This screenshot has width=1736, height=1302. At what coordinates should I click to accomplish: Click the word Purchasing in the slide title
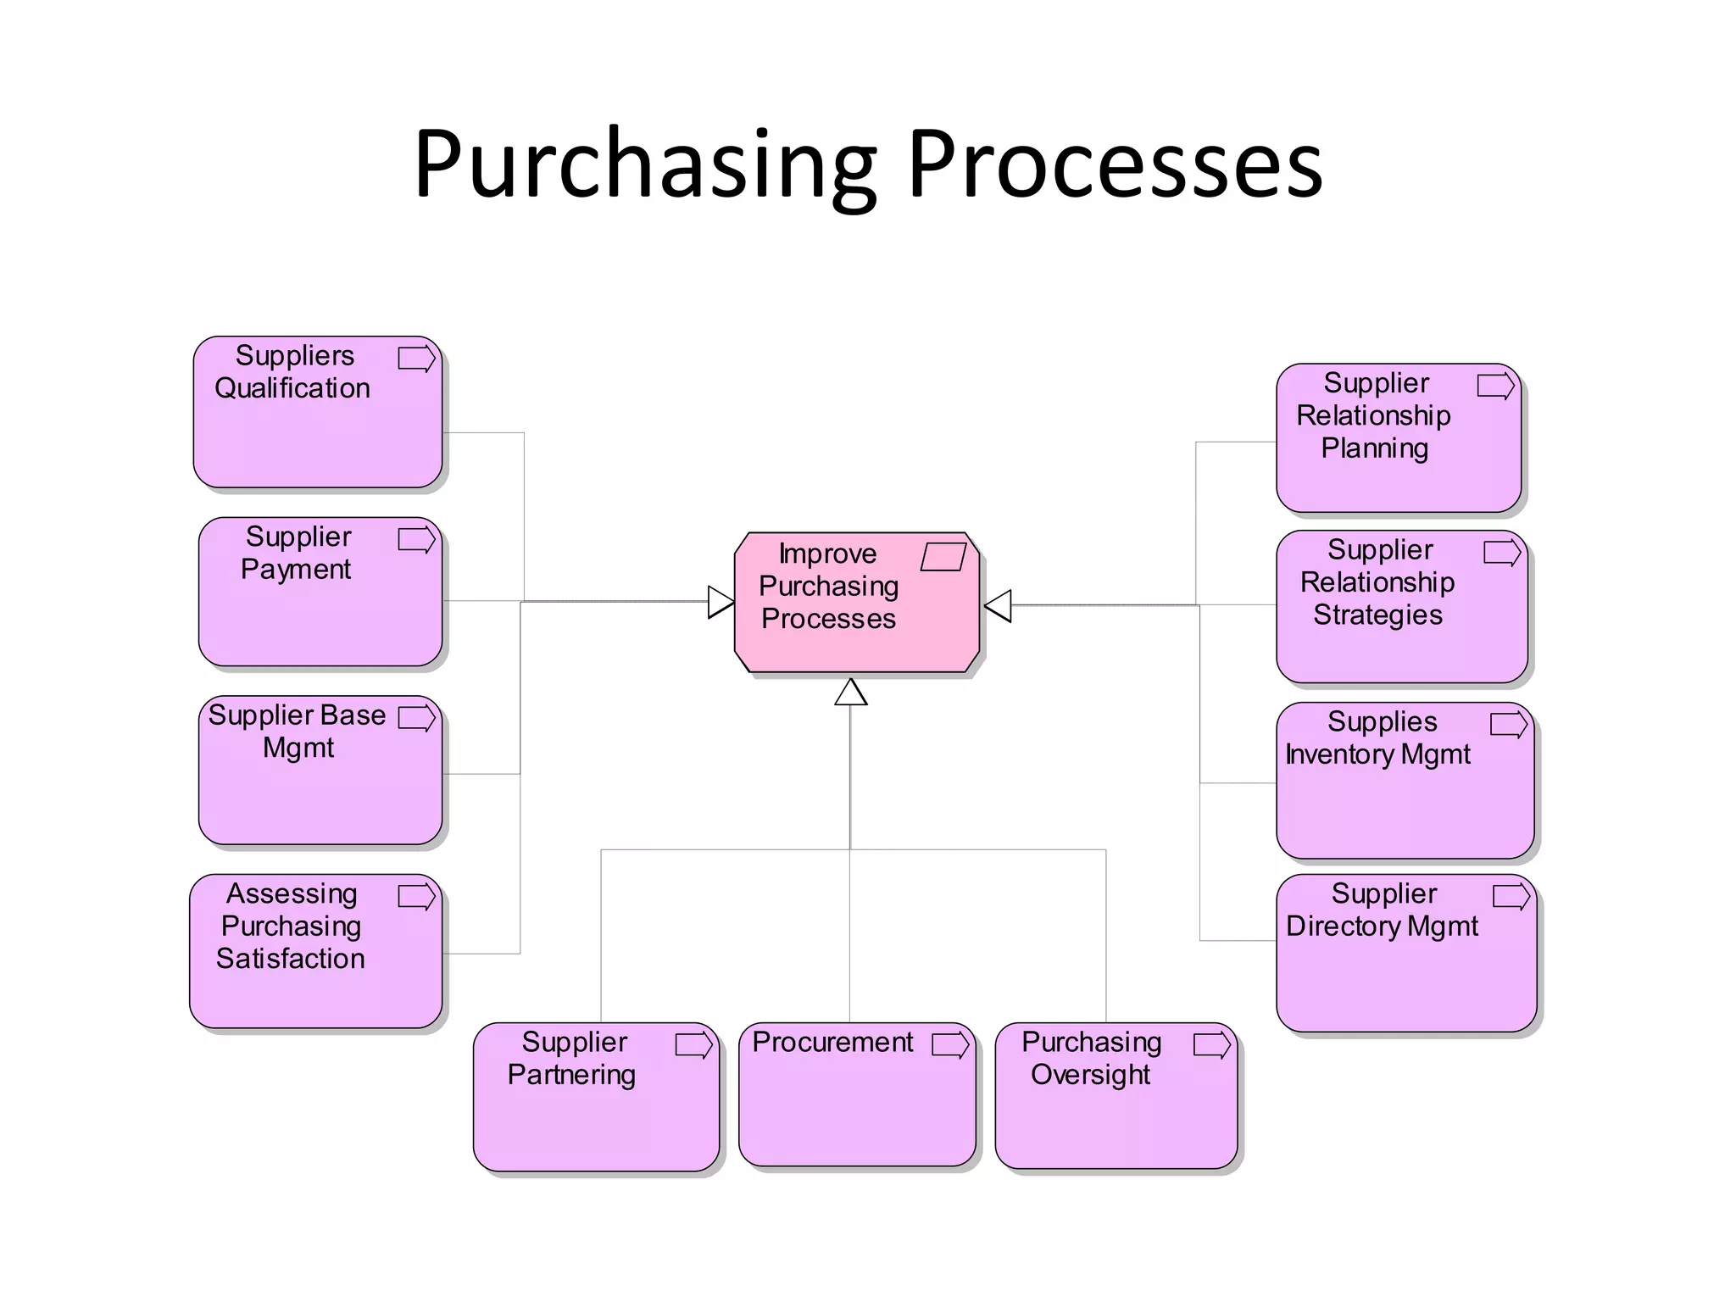pyautogui.click(x=644, y=165)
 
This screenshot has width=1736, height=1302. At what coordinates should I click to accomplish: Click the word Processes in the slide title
pyautogui.click(x=1114, y=165)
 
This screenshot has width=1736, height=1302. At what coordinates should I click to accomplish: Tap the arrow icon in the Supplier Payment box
pyautogui.click(x=416, y=540)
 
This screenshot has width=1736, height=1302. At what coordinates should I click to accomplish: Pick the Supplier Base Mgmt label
pyautogui.click(x=297, y=731)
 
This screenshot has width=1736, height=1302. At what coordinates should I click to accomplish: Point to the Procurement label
pyautogui.click(x=832, y=1042)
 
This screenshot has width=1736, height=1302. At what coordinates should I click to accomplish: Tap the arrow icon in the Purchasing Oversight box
pyautogui.click(x=1211, y=1044)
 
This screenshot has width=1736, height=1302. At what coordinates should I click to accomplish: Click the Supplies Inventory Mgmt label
pyautogui.click(x=1379, y=737)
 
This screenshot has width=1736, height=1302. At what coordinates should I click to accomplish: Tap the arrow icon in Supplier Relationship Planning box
pyautogui.click(x=1495, y=386)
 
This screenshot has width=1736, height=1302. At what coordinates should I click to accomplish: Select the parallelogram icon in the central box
pyautogui.click(x=943, y=557)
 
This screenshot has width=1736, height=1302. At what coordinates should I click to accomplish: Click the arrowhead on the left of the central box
pyautogui.click(x=721, y=602)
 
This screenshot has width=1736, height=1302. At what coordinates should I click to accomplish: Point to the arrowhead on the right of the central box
pyautogui.click(x=999, y=605)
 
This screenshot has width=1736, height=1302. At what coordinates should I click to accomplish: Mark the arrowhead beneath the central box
pyautogui.click(x=850, y=693)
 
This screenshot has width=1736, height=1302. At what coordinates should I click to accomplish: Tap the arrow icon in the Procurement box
pyautogui.click(x=950, y=1044)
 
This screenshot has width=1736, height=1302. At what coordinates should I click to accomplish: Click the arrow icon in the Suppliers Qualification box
pyautogui.click(x=416, y=359)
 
